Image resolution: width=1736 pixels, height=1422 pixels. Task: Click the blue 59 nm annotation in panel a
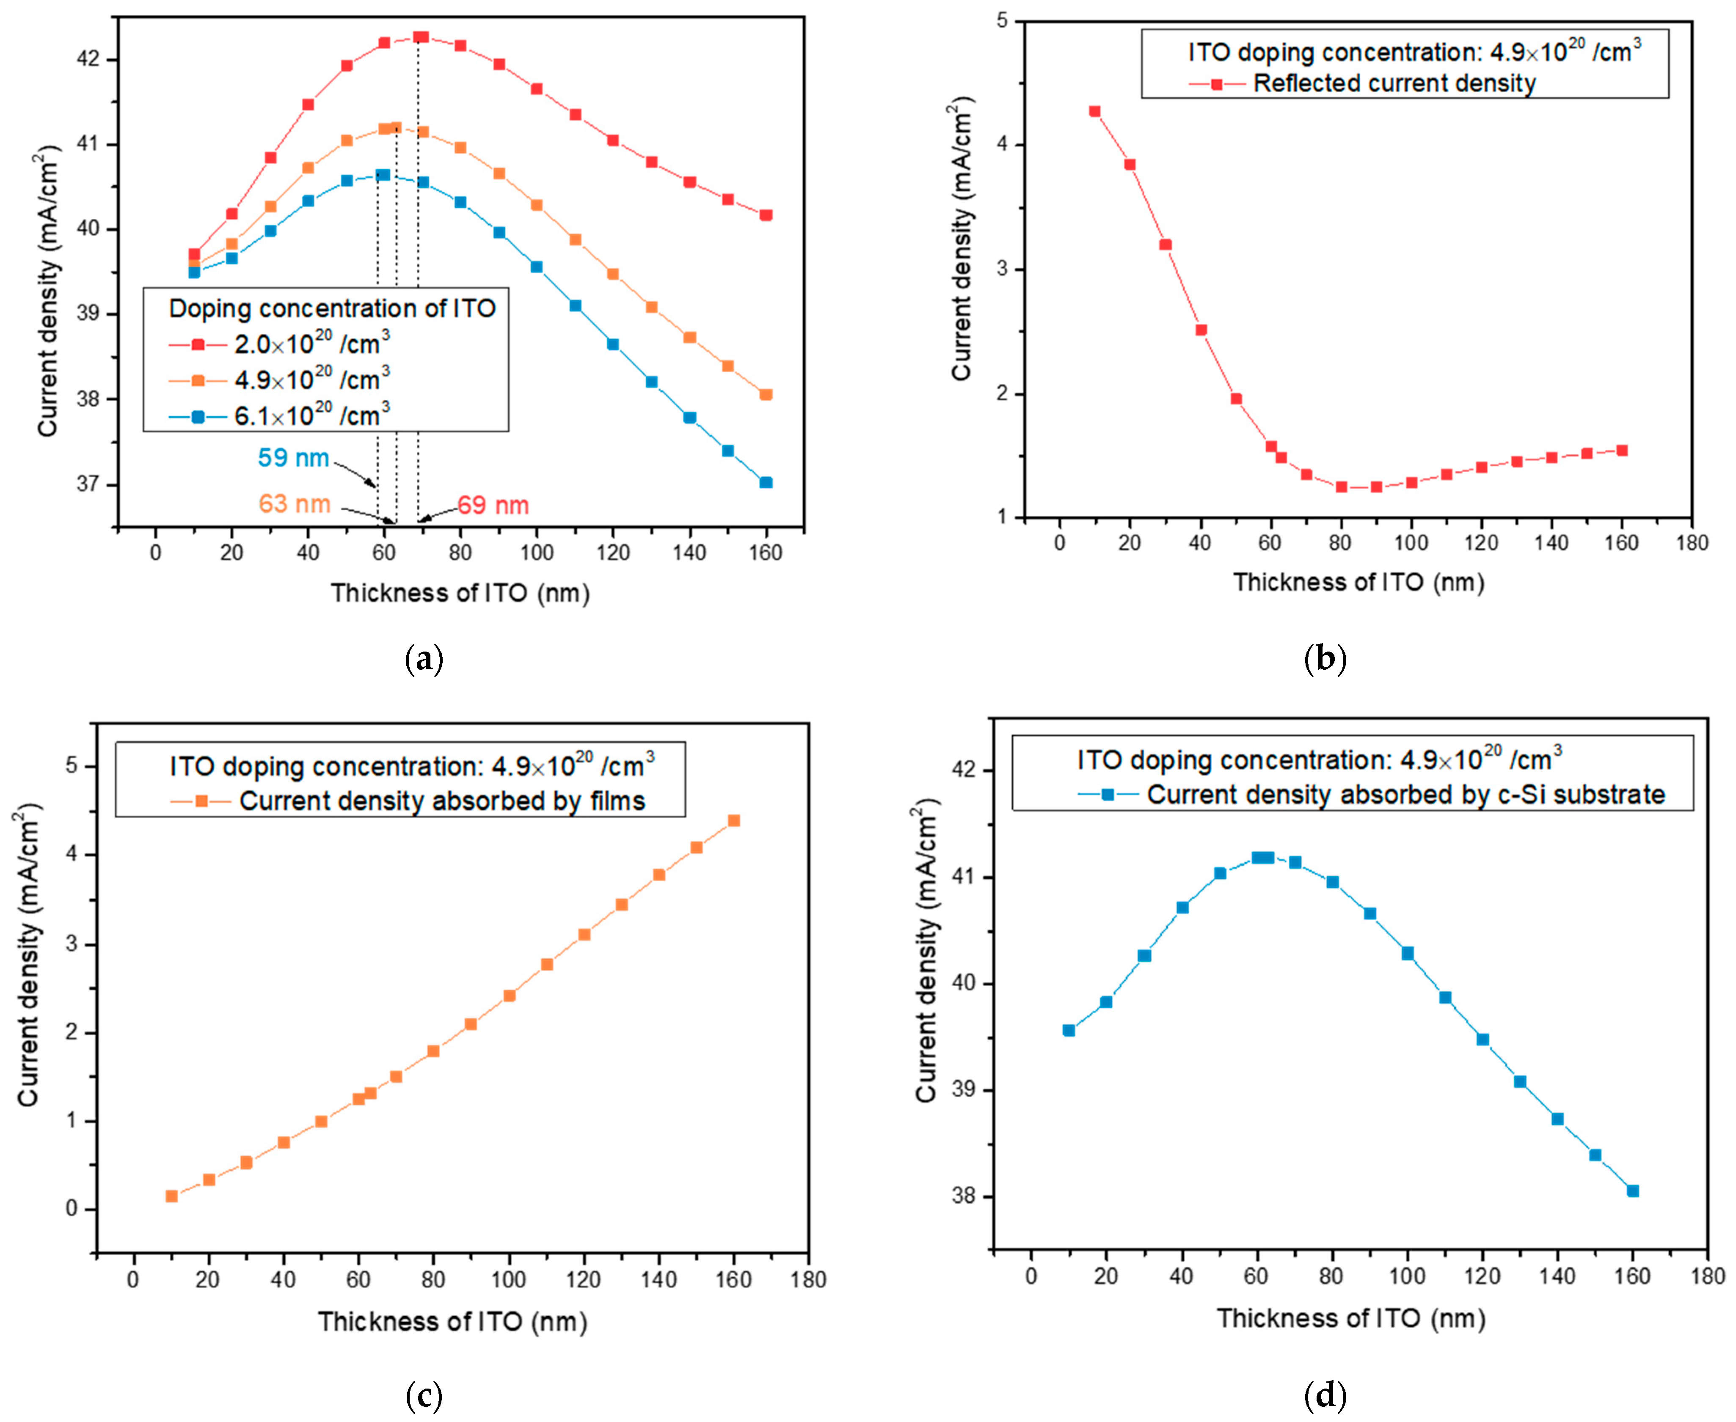coord(293,458)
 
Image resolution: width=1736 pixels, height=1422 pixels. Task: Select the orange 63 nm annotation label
coord(294,504)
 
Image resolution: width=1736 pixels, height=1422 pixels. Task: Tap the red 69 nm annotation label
coord(493,506)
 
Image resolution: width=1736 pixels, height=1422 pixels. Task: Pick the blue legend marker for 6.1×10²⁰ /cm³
coord(198,417)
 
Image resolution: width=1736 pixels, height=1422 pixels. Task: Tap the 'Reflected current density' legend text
coord(1394,83)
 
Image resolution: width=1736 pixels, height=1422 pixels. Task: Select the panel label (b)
coord(1325,659)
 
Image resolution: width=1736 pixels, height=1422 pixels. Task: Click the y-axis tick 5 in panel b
coord(1002,20)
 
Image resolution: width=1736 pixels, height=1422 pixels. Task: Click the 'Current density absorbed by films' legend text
coord(442,800)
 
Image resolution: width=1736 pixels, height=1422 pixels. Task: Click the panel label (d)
coord(1325,1394)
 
